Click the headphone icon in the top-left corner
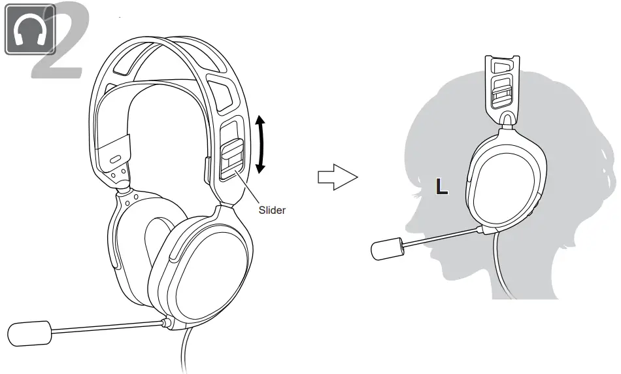tap(29, 29)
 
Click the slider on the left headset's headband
tap(232, 157)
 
